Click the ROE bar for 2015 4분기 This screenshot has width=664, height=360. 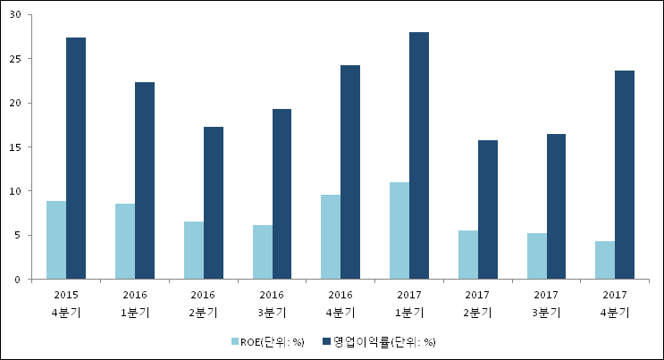56,240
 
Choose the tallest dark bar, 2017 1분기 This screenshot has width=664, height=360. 420,155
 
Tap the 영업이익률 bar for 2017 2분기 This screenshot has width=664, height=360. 488,210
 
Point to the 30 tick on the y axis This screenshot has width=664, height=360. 15,15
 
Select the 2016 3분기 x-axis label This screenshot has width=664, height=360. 272,304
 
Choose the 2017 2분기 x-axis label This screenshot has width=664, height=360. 478,304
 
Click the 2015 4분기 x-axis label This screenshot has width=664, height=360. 65,304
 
